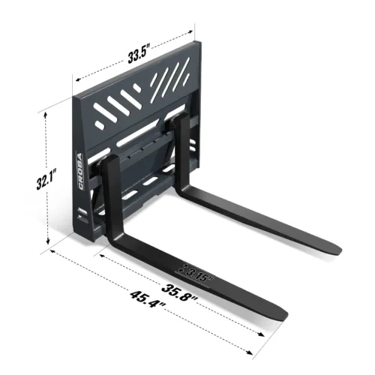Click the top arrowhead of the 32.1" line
pos(46,113)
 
